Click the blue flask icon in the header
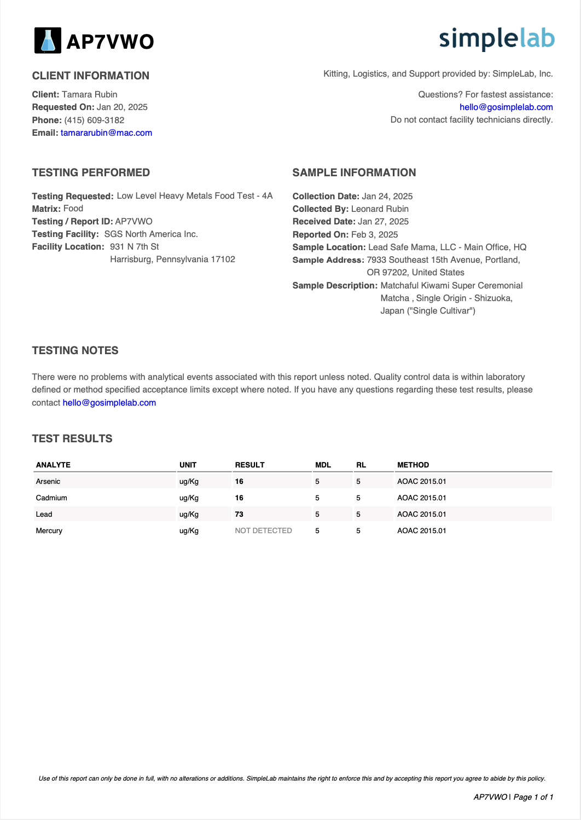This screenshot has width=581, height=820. click(48, 41)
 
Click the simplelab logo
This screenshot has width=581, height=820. click(496, 39)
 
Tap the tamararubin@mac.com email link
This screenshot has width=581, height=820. click(106, 133)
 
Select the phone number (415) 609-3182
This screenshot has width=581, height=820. click(94, 120)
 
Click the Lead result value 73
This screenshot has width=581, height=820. click(239, 515)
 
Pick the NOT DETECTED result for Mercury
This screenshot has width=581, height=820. click(263, 531)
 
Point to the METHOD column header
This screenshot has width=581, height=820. click(413, 465)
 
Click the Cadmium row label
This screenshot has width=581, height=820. click(51, 498)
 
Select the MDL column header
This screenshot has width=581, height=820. click(323, 465)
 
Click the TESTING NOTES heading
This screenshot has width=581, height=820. click(75, 351)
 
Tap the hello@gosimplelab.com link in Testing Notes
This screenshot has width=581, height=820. click(109, 403)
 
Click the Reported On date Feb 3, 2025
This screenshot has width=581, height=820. click(374, 234)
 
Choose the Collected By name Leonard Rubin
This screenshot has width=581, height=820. click(380, 209)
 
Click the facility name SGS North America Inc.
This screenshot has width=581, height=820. click(151, 234)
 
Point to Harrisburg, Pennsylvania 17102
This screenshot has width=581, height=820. click(172, 259)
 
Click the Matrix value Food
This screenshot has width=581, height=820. click(73, 209)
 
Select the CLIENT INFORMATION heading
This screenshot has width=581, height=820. click(91, 76)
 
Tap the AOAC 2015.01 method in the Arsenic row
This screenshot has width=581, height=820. click(421, 482)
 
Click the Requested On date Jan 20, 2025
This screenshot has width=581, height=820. click(122, 107)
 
